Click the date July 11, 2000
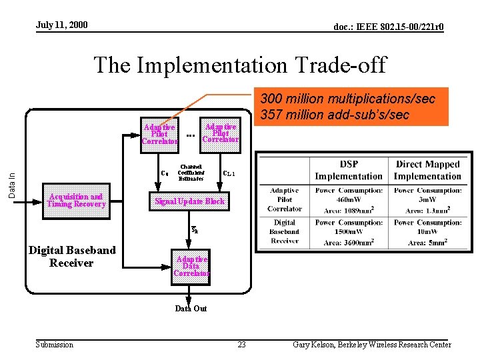pyautogui.click(x=61, y=25)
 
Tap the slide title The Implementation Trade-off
pyautogui.click(x=240, y=65)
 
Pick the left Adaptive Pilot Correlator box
pyautogui.click(x=160, y=133)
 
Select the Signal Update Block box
pyautogui.click(x=190, y=201)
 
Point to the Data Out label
pyautogui.click(x=191, y=309)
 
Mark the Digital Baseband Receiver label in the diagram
pyautogui.click(x=71, y=257)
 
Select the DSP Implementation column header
pyautogui.click(x=349, y=170)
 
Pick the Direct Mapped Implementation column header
pyautogui.click(x=427, y=170)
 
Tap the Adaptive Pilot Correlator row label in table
pyautogui.click(x=285, y=200)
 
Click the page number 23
pyautogui.click(x=241, y=345)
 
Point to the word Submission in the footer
pyautogui.click(x=54, y=344)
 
